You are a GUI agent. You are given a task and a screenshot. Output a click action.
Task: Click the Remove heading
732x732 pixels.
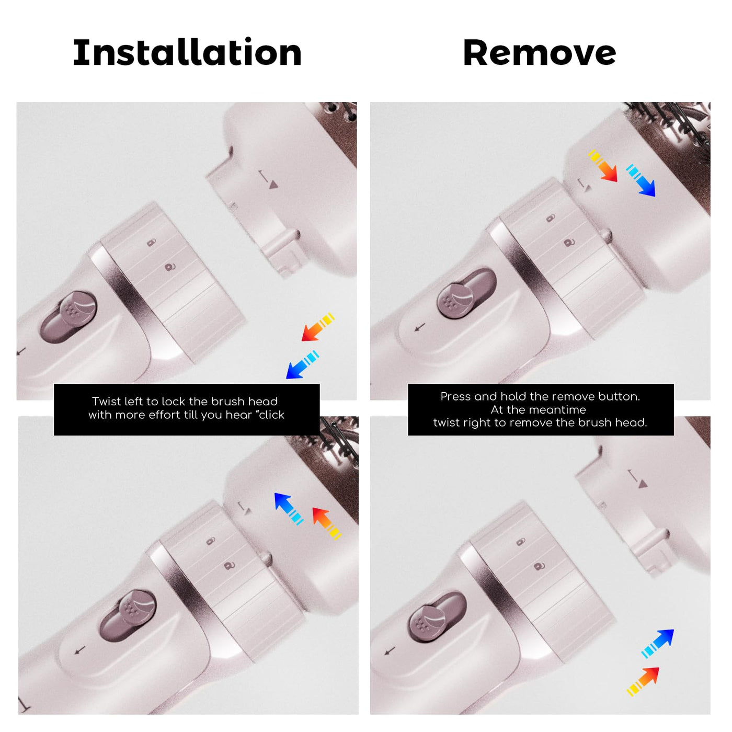pyautogui.click(x=540, y=53)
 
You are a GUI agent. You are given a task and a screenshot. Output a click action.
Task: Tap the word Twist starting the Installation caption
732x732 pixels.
pyautogui.click(x=106, y=401)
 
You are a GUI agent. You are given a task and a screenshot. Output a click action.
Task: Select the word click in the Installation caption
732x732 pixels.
pyautogui.click(x=271, y=415)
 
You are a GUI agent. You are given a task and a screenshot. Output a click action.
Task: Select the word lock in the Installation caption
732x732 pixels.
pyautogui.click(x=174, y=401)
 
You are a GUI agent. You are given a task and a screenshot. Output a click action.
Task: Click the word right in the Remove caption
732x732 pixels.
pyautogui.click(x=478, y=423)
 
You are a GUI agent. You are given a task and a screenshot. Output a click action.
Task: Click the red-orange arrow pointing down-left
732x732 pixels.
pyautogui.click(x=318, y=327)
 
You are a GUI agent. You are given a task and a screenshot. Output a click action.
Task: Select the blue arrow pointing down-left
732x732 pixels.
pyautogui.click(x=302, y=364)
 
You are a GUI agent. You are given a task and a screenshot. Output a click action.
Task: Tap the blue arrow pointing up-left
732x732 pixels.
pyautogui.click(x=289, y=509)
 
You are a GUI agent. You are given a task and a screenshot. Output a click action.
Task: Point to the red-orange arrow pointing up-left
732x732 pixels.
pyautogui.click(x=327, y=523)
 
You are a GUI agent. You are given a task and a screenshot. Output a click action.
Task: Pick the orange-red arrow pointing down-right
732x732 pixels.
pyautogui.click(x=602, y=166)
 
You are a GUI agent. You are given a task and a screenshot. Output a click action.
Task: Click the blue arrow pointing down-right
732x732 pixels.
pyautogui.click(x=641, y=180)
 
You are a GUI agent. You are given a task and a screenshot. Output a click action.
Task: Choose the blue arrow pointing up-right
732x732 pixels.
pyautogui.click(x=657, y=644)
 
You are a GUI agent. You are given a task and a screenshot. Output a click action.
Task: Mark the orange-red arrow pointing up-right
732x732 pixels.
pyautogui.click(x=643, y=681)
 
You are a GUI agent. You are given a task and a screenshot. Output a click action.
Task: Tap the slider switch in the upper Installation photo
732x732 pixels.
pyautogui.click(x=68, y=317)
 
